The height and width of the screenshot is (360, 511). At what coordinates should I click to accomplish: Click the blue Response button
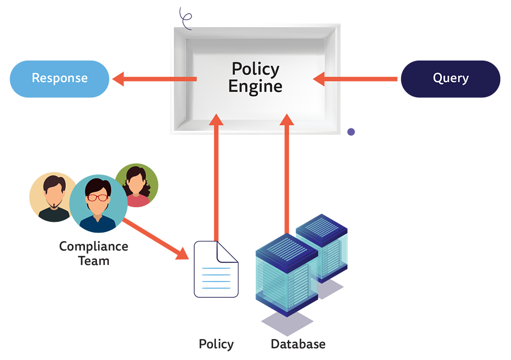[59, 78]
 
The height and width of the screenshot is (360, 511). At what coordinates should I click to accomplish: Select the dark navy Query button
[450, 78]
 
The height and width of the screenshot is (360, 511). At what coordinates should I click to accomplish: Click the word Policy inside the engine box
[255, 69]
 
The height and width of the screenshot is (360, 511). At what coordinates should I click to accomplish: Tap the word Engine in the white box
[255, 87]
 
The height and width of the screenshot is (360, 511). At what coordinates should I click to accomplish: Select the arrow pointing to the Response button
[153, 79]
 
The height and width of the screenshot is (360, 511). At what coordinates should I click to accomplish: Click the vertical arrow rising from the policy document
[215, 175]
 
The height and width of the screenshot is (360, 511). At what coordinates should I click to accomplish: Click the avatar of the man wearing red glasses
[99, 204]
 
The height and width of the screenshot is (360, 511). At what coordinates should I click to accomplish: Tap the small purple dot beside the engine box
[351, 132]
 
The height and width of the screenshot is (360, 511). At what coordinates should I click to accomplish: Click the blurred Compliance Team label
[94, 254]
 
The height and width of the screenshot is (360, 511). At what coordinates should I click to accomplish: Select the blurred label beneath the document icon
[216, 344]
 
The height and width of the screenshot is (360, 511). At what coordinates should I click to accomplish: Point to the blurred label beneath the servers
[298, 344]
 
